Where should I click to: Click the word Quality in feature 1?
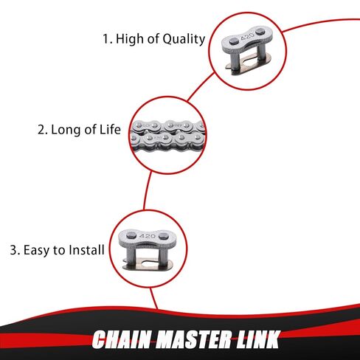tap(184, 39)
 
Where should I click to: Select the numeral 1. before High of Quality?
tap(107, 39)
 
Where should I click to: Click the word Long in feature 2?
tap(65, 130)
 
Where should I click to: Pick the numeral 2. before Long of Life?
tap(43, 130)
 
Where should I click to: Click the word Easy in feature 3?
tap(37, 250)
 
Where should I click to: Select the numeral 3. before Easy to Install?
tap(15, 250)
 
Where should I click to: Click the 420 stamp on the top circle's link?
tap(247, 37)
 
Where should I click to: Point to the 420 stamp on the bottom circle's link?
tap(148, 236)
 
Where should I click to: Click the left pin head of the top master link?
tap(234, 41)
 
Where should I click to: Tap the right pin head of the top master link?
tap(260, 32)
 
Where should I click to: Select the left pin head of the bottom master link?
tap(131, 236)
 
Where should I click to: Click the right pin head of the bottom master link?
tap(163, 236)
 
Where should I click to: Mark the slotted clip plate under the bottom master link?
tap(148, 264)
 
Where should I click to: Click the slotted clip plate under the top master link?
tap(249, 61)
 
